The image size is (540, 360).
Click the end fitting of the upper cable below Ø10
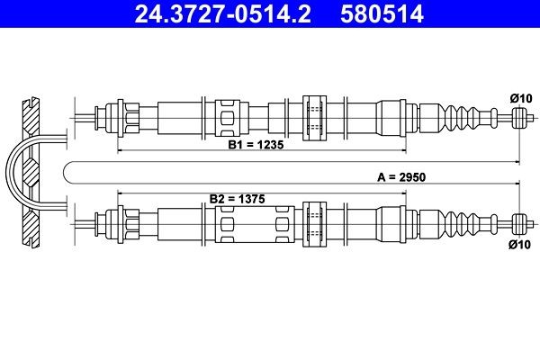518,115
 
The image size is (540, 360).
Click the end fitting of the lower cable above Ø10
518,221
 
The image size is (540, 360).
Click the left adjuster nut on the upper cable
115,116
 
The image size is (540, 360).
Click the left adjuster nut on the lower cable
115,221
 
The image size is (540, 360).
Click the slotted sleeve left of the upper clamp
229,116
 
